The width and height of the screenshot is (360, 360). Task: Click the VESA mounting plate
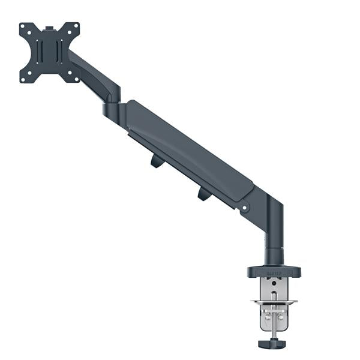point(50,52)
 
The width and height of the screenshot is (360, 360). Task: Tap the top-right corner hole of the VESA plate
point(75,28)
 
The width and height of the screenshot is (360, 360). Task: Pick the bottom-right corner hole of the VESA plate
point(75,77)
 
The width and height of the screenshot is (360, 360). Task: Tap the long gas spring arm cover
point(186,150)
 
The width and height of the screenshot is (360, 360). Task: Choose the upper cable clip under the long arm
point(157,161)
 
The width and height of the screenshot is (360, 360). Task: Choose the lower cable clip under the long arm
point(203,193)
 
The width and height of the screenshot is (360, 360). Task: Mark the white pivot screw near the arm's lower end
point(244,209)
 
